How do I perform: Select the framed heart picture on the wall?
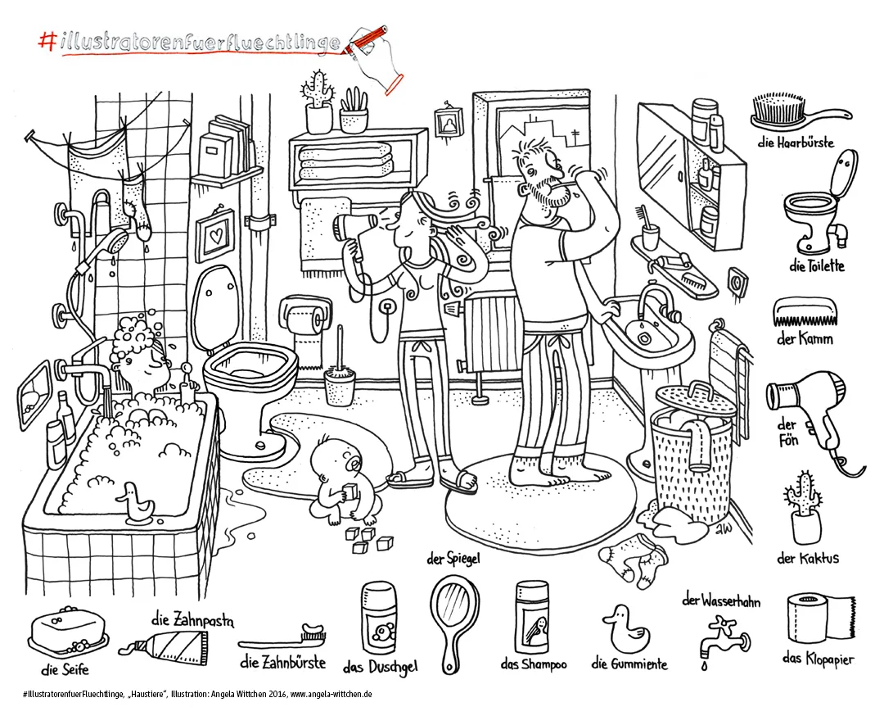(215, 235)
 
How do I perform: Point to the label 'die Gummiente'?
(629, 664)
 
